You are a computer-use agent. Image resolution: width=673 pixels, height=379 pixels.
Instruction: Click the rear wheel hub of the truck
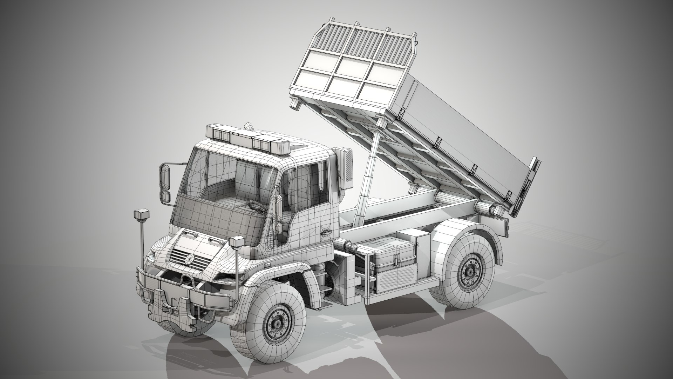[470, 272]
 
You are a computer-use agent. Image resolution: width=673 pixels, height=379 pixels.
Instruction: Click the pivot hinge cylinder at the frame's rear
[489, 210]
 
